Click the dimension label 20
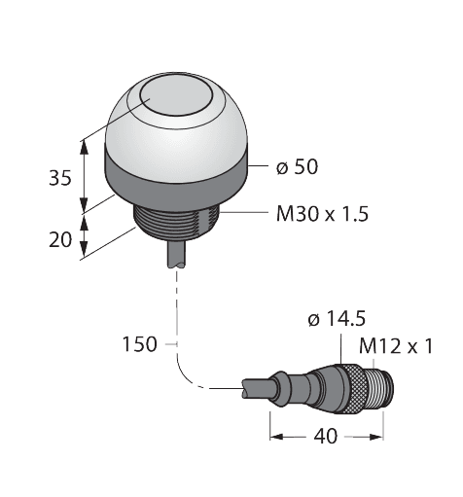[x=60, y=239]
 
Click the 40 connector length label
[x=326, y=436]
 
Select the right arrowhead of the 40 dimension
[x=381, y=436]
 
